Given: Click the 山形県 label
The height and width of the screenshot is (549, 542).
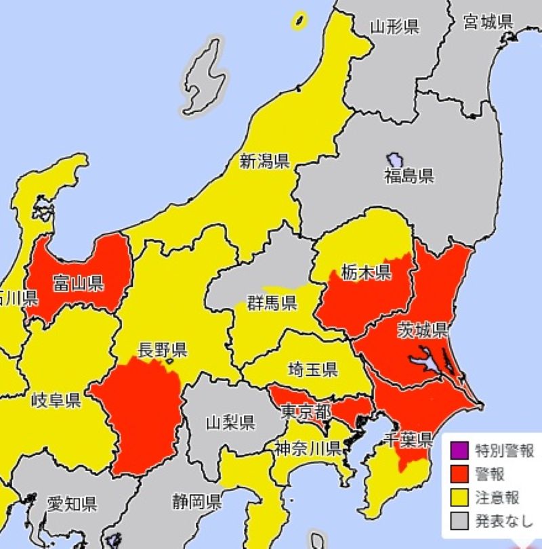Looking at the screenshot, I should (x=394, y=27).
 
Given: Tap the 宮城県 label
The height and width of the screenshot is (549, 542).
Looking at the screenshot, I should (x=487, y=22).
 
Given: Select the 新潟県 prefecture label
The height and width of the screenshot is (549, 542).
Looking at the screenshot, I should (x=265, y=161).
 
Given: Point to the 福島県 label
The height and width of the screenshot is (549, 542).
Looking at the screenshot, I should (x=409, y=177).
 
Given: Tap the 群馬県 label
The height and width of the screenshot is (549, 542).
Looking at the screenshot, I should (x=272, y=303).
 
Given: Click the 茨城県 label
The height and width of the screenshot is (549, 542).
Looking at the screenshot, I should (x=421, y=330).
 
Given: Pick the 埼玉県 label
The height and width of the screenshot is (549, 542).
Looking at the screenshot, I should (x=312, y=369).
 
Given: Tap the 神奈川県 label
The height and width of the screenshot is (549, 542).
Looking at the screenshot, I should (x=307, y=447).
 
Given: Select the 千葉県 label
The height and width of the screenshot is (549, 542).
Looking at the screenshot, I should (x=406, y=441).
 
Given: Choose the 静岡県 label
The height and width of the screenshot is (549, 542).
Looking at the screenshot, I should (x=196, y=502).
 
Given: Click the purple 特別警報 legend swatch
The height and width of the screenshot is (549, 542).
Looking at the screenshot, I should (x=459, y=449).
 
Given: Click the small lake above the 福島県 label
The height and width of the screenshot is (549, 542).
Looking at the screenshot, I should (x=395, y=160).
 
